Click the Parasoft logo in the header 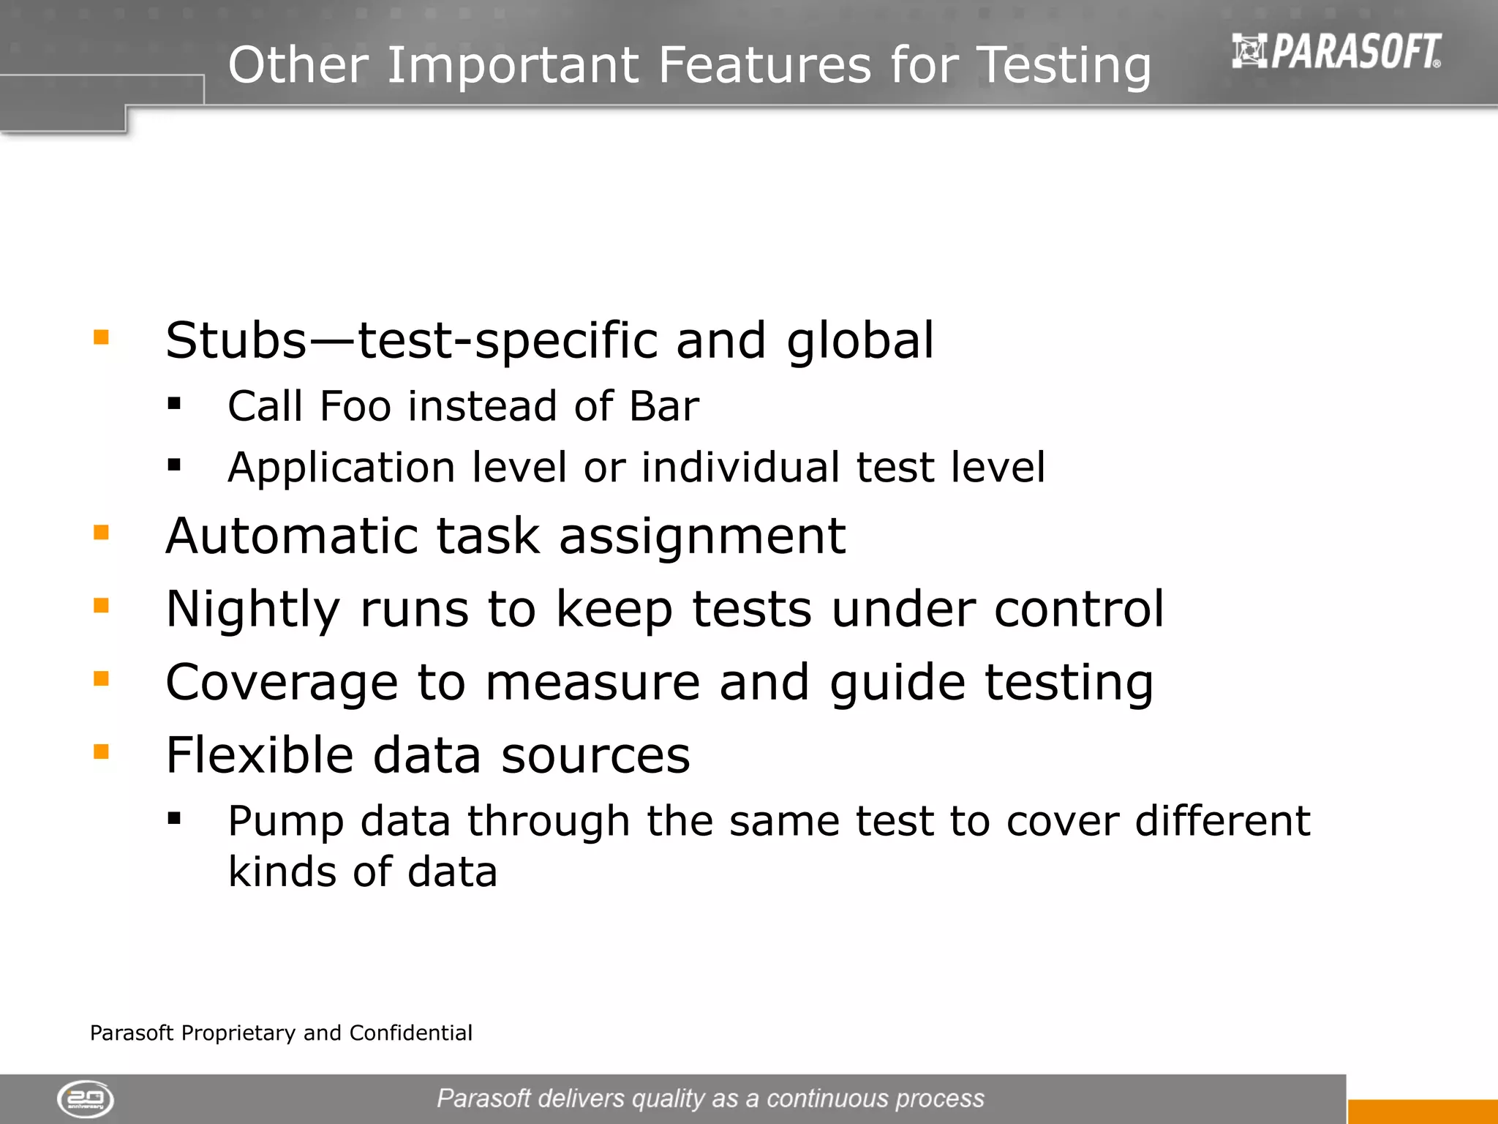click(x=1336, y=51)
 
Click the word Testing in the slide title click(x=1064, y=66)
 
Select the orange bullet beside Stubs click(x=101, y=337)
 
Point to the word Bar click(x=663, y=406)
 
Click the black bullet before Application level click(x=174, y=464)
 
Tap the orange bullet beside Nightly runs click(x=101, y=605)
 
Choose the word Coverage click(x=282, y=683)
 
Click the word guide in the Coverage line click(x=897, y=683)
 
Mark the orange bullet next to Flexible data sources click(x=101, y=752)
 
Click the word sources click(x=595, y=756)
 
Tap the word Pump click(x=285, y=822)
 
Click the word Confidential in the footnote click(x=410, y=1033)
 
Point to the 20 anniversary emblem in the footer click(x=86, y=1098)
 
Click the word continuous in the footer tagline click(x=827, y=1098)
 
